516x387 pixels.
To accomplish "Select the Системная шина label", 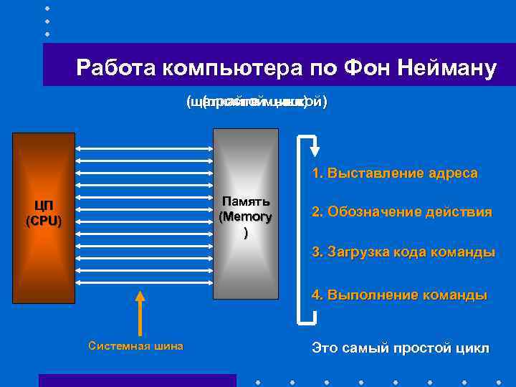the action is [135, 346].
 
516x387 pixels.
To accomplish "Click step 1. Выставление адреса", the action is [395, 173].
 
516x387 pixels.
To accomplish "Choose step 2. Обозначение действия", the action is [401, 212].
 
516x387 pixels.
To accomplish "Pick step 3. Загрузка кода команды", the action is [403, 252].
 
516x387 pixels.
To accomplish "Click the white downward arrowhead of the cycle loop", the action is [314, 151].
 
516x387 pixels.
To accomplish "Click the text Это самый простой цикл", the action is [401, 348].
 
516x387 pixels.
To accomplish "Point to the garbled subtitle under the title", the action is [257, 102].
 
